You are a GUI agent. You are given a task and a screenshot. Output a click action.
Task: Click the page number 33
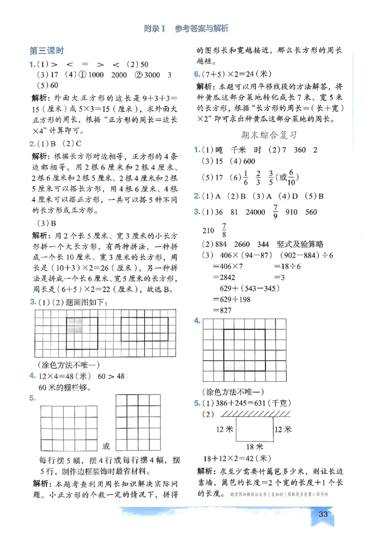click(x=323, y=514)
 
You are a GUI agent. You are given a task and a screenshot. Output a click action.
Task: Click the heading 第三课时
click(x=46, y=51)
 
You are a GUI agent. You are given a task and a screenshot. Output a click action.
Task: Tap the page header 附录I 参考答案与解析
click(x=187, y=28)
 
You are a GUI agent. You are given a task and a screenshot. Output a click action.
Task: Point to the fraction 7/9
click(x=275, y=212)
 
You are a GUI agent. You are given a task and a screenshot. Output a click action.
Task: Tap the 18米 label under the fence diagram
click(x=255, y=446)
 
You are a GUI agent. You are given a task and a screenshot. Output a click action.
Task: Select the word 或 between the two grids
click(x=106, y=446)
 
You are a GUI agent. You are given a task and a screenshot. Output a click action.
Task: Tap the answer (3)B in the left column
click(x=47, y=223)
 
